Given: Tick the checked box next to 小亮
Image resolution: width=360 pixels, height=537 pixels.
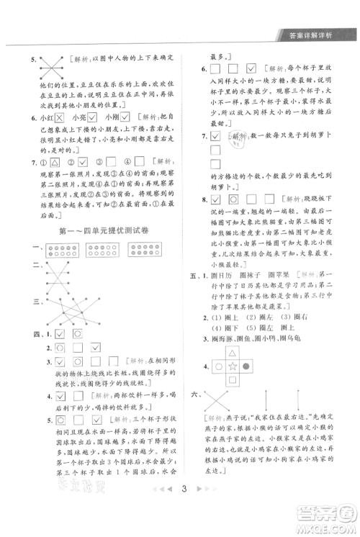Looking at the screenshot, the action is (x=94, y=117).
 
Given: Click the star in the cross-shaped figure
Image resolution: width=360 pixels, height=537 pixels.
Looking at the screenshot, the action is (x=234, y=366).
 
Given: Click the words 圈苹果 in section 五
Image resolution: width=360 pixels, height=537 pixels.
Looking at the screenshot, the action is (x=282, y=274).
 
